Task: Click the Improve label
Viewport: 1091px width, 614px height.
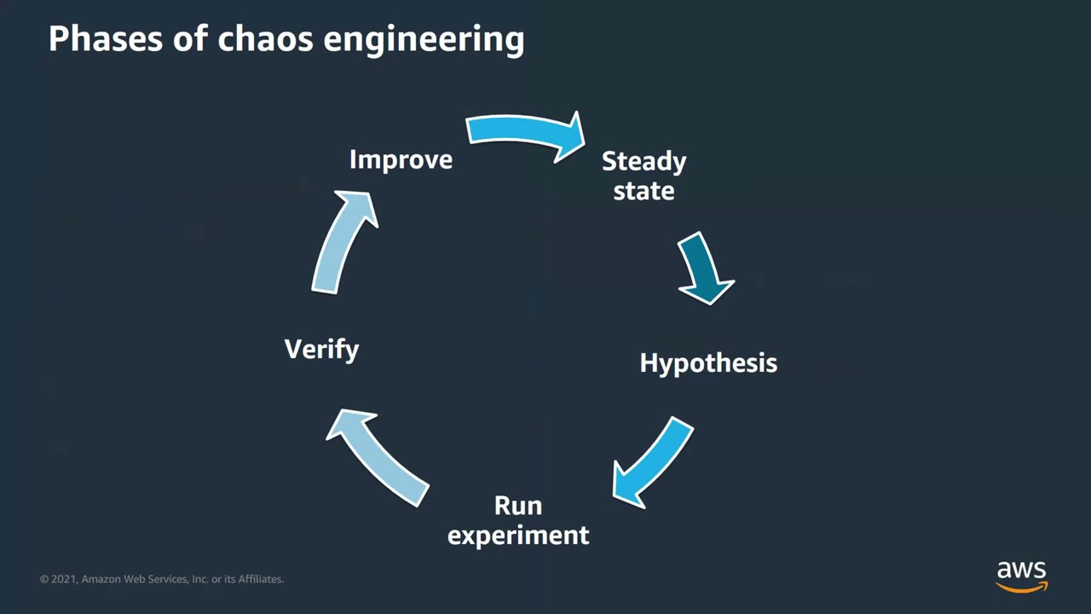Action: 401,160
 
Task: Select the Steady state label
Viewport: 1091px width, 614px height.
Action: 644,176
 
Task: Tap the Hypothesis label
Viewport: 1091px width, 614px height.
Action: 708,363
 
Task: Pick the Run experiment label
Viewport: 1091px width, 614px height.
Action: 518,520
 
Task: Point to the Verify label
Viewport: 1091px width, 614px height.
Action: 321,350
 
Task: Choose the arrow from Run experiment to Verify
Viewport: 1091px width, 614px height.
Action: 377,456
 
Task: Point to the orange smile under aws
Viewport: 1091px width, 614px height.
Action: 1022,588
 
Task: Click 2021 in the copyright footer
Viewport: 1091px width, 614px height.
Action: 63,579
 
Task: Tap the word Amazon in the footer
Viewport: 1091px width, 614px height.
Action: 101,579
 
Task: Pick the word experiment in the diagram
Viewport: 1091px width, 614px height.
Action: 518,536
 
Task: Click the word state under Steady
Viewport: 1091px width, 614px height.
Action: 644,191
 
